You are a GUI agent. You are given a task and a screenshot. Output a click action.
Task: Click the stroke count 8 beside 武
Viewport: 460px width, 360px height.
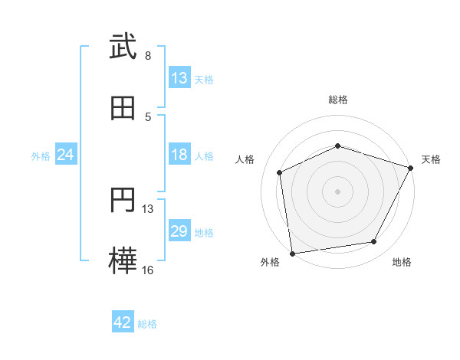click(148, 56)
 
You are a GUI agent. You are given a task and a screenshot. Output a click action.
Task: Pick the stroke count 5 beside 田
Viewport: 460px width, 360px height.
click(148, 116)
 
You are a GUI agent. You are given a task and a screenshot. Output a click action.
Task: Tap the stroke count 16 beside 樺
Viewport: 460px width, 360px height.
click(148, 270)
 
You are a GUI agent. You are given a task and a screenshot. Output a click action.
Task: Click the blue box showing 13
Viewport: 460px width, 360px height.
click(179, 78)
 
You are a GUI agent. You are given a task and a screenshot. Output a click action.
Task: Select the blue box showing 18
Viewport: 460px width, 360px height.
click(179, 155)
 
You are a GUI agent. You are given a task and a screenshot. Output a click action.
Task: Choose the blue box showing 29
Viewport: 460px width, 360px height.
click(179, 231)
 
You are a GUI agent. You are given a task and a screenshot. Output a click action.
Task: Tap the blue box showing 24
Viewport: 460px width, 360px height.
click(66, 155)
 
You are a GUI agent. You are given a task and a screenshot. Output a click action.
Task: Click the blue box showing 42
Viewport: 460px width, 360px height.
click(123, 322)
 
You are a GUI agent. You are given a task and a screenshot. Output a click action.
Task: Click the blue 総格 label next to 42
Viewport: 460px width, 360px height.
click(147, 324)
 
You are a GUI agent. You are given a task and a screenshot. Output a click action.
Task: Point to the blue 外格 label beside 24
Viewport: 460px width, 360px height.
click(41, 156)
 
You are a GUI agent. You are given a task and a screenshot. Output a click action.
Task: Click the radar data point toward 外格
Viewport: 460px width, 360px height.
click(292, 253)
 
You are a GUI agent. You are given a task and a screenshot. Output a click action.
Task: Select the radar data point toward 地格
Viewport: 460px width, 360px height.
click(374, 242)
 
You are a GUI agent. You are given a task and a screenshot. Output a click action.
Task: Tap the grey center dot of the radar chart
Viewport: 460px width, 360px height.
click(337, 191)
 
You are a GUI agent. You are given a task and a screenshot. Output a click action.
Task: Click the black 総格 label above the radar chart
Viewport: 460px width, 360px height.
click(338, 100)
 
